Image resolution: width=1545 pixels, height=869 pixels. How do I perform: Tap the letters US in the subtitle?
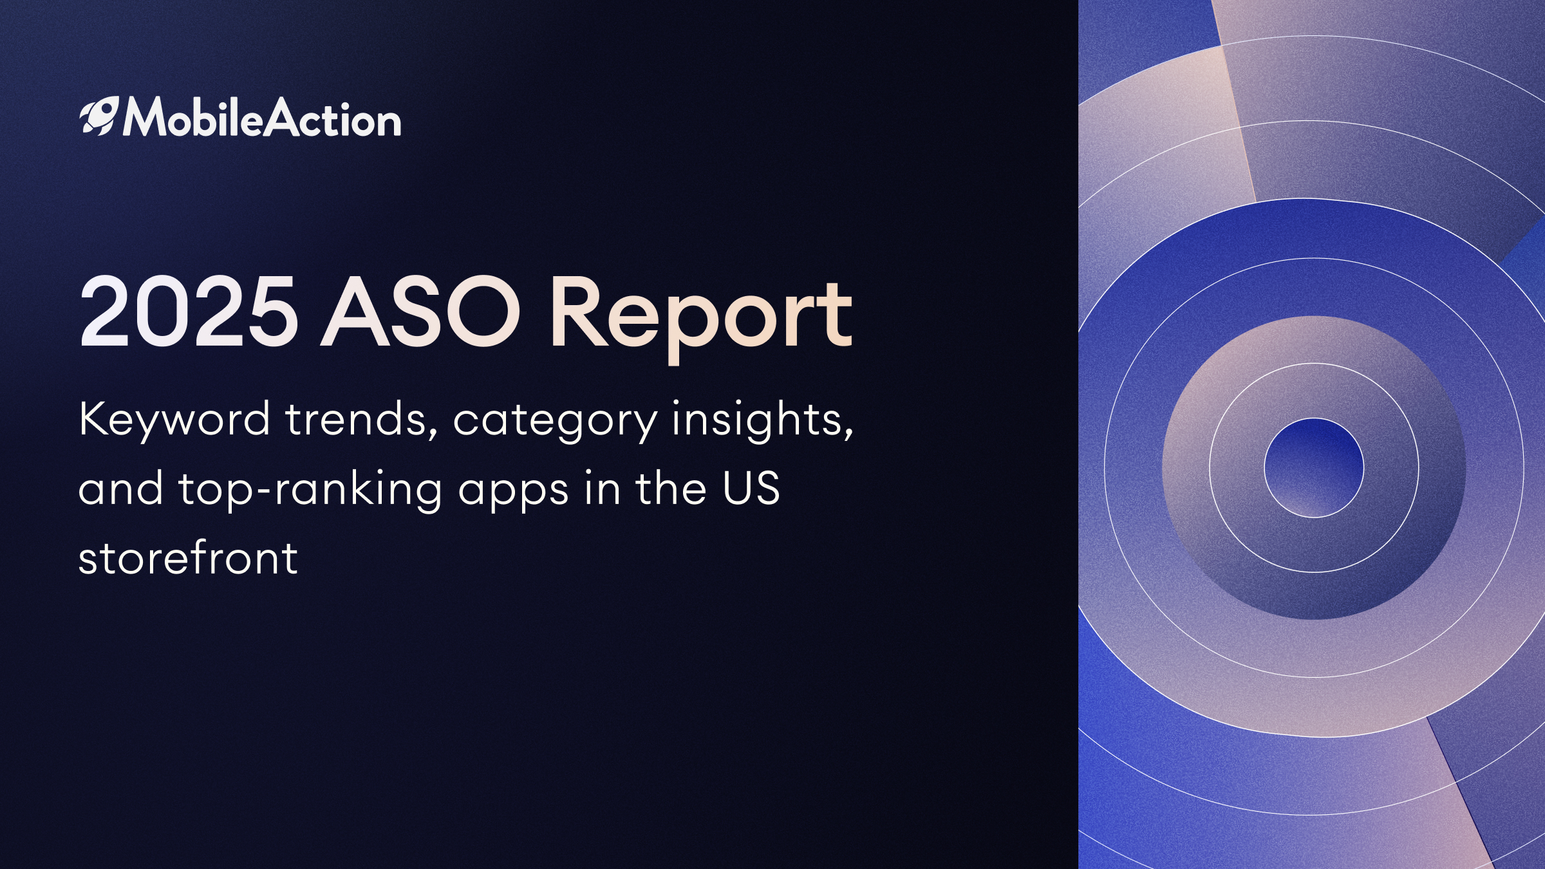[751, 488]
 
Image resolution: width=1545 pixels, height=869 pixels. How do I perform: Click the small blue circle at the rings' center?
[1314, 468]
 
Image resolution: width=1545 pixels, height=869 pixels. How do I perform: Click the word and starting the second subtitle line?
[121, 488]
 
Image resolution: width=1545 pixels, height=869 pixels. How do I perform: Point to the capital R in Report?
[577, 312]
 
